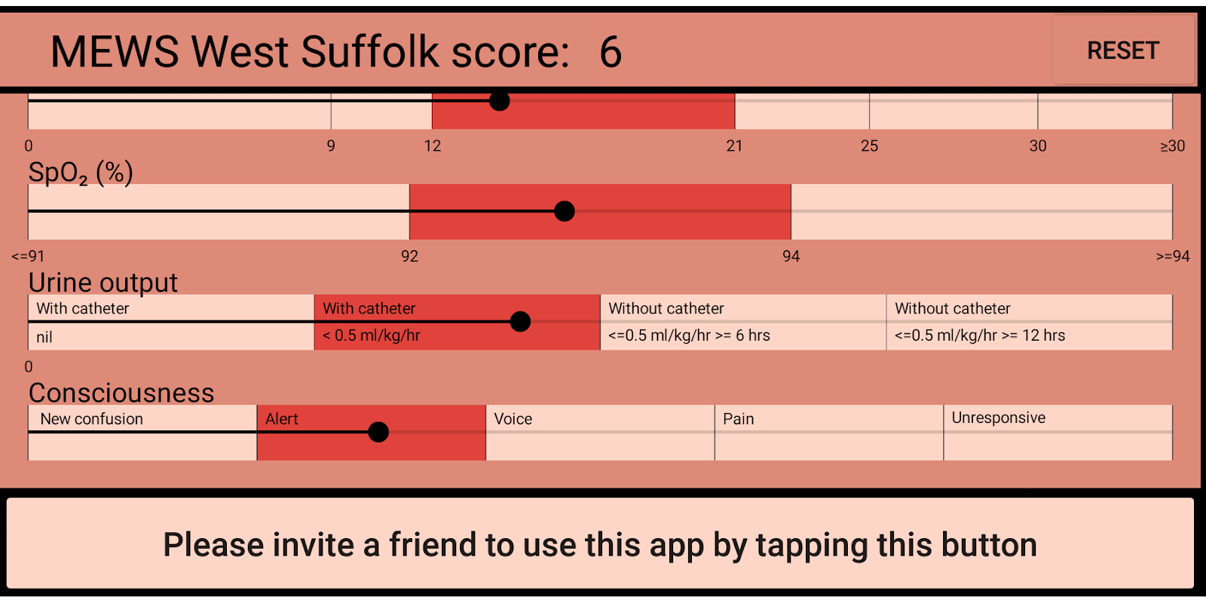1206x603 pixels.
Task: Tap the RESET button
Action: click(x=1123, y=50)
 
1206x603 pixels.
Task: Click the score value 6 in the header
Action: click(x=611, y=52)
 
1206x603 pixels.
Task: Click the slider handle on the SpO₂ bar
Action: click(x=565, y=211)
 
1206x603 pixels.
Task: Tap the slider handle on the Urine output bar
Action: click(x=520, y=322)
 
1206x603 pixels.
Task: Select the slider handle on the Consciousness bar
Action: click(x=378, y=432)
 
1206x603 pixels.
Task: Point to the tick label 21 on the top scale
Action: click(x=734, y=146)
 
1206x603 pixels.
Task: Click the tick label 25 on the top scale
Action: click(x=869, y=146)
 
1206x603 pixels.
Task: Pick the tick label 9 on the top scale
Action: click(x=331, y=146)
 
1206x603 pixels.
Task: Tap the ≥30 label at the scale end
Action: click(x=1172, y=146)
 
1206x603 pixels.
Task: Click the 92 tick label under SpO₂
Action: click(x=409, y=256)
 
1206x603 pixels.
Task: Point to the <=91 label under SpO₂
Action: click(x=28, y=256)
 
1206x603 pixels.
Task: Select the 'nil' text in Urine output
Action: click(x=44, y=338)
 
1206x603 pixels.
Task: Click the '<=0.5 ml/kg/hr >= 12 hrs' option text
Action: click(x=979, y=335)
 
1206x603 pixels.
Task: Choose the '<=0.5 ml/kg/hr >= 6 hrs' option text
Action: click(x=689, y=335)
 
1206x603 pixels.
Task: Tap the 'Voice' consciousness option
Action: click(x=513, y=419)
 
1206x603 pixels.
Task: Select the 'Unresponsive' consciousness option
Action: click(x=998, y=418)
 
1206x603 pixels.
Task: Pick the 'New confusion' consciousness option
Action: click(x=91, y=419)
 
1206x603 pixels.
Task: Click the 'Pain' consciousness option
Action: click(x=738, y=419)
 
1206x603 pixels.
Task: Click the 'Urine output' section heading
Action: click(x=103, y=283)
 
